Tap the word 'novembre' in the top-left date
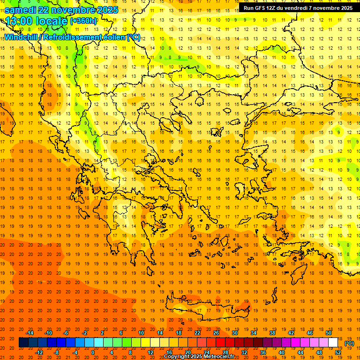coord(72,10)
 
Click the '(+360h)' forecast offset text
coord(84,21)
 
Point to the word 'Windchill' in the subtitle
coord(21,37)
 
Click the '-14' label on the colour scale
coord(30,333)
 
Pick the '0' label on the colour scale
coord(93,352)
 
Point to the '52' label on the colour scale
coord(338,352)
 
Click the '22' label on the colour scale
coord(197,333)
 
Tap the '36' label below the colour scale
coord(263,352)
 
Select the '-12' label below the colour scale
coord(39,352)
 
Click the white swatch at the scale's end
coord(333,343)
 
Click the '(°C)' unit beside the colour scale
coord(349,343)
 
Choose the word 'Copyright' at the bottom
coord(177,357)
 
